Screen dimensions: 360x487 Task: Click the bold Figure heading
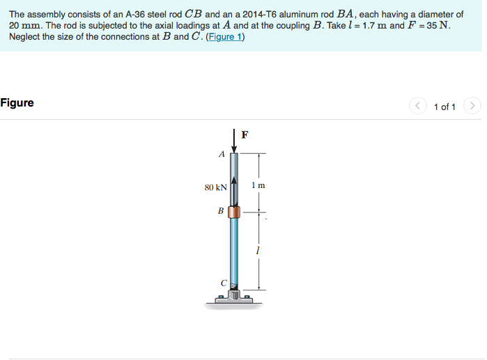click(17, 103)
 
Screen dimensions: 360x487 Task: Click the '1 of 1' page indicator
click(445, 107)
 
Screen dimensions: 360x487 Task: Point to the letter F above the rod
click(245, 134)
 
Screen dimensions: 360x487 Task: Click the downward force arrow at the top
click(234, 139)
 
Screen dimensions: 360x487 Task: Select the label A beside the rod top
click(222, 155)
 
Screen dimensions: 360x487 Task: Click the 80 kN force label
click(215, 187)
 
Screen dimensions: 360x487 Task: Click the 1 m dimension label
click(258, 185)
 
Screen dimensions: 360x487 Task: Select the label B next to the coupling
click(220, 210)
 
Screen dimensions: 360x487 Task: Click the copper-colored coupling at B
click(234, 212)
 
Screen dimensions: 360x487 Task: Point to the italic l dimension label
click(258, 249)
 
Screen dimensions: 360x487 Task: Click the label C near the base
click(223, 283)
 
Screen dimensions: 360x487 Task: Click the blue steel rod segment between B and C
click(234, 251)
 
